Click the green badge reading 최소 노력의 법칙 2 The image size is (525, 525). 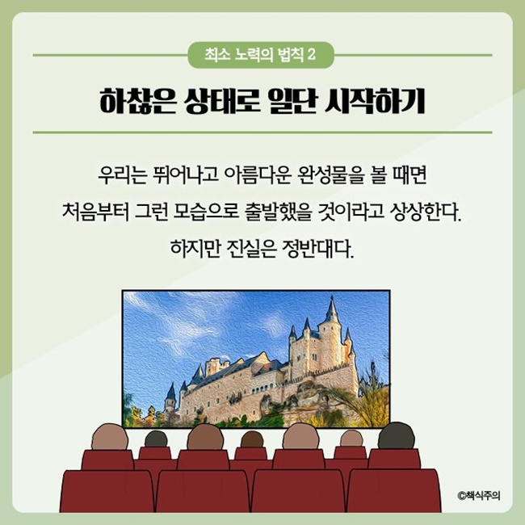click(261, 55)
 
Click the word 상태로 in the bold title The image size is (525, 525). click(223, 101)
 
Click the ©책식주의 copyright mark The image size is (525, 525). click(479, 495)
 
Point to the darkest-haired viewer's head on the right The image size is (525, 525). click(396, 436)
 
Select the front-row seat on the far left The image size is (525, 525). click(107, 491)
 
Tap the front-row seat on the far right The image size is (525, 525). click(394, 491)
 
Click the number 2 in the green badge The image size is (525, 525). click(312, 55)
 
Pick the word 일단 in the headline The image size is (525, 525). click(293, 101)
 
